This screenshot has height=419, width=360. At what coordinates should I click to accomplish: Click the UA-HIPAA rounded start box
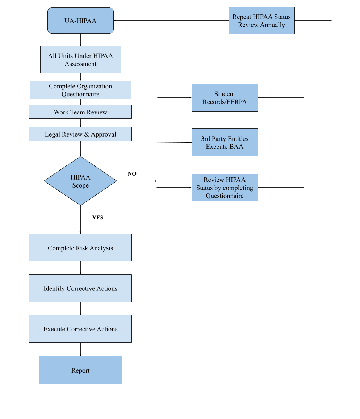tap(80, 21)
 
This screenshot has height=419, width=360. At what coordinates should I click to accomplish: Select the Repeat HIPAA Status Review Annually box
tap(261, 21)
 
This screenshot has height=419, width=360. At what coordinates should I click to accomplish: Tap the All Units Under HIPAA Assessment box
tap(80, 60)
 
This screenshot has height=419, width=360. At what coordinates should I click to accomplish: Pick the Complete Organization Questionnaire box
tap(80, 90)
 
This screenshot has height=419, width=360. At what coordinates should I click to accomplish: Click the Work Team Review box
tap(80, 112)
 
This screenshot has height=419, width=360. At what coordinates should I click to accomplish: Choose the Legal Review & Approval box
tap(80, 134)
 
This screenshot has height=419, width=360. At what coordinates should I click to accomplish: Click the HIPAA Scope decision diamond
tap(80, 181)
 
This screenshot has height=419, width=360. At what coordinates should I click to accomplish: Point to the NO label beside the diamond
tap(132, 174)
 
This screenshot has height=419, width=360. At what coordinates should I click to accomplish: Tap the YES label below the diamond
tap(98, 218)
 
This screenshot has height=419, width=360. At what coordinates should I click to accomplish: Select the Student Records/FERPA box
tap(225, 98)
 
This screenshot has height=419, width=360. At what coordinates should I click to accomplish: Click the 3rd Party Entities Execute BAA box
tap(225, 142)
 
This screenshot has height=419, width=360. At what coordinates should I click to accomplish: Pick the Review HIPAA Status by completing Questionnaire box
tap(225, 188)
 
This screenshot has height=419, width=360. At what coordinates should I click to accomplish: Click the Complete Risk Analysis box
tap(80, 248)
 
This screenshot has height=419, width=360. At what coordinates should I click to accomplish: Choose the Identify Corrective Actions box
tap(80, 288)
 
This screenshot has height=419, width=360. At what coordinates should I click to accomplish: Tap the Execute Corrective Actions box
tap(80, 329)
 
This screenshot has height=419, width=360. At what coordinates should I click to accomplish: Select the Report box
tap(80, 370)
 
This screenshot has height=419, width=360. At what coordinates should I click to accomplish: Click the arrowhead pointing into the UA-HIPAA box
tap(116, 20)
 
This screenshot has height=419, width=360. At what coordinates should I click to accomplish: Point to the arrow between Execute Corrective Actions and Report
tap(80, 349)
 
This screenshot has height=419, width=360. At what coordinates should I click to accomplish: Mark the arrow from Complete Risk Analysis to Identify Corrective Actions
tap(80, 268)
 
